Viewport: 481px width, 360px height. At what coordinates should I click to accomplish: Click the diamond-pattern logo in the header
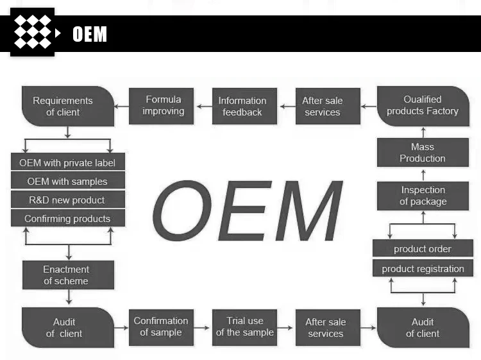click(33, 32)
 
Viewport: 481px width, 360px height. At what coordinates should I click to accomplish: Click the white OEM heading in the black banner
click(90, 34)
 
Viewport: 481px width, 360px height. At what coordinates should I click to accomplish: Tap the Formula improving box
click(163, 105)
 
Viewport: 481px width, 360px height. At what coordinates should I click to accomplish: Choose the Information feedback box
click(242, 106)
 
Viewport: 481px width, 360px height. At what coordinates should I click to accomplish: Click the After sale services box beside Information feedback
click(323, 106)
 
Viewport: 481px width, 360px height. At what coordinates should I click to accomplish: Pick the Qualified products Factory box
click(423, 106)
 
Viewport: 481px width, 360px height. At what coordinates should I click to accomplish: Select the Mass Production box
click(423, 153)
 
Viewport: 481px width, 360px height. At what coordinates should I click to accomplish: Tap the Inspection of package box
click(423, 196)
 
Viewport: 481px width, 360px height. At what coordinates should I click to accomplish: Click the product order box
click(423, 249)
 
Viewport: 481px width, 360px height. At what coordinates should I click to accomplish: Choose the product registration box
click(423, 269)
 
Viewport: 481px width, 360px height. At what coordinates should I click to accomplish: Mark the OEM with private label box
click(67, 162)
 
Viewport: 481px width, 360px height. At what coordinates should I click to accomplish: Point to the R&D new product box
click(67, 200)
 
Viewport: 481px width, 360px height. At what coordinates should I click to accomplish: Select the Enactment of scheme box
click(67, 275)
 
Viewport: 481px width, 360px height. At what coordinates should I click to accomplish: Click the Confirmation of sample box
click(161, 327)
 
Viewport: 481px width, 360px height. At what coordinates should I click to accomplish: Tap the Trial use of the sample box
click(244, 327)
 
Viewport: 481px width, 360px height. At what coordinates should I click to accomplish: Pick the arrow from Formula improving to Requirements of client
click(122, 106)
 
